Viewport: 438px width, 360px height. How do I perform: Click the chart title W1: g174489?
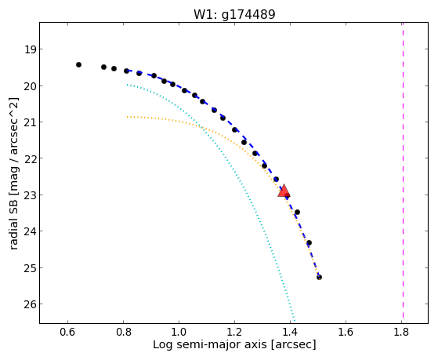[234, 14]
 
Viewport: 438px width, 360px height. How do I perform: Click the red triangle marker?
[284, 191]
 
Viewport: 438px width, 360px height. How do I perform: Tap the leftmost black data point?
[79, 64]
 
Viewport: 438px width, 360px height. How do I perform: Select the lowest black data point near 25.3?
[319, 277]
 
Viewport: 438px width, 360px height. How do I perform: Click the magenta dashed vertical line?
[403, 170]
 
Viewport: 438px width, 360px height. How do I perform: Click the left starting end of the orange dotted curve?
[127, 117]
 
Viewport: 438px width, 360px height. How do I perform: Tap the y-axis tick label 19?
[31, 49]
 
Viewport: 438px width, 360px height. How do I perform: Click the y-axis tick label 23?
[31, 195]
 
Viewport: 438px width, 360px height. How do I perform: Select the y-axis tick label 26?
[31, 304]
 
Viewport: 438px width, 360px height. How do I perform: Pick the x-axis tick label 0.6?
[67, 332]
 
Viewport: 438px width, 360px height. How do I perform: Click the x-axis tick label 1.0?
[179, 332]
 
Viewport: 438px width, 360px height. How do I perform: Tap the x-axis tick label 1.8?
[401, 332]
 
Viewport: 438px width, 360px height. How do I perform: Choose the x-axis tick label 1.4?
[290, 332]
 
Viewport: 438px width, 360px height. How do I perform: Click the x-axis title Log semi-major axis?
[210, 344]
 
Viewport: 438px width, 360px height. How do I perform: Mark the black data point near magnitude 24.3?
[309, 242]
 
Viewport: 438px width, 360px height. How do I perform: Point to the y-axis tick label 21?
[31, 122]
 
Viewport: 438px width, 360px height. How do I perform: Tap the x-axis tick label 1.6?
[346, 332]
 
